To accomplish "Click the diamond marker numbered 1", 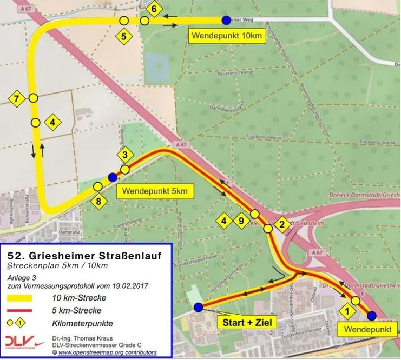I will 346,311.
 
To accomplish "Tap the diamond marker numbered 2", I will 281,224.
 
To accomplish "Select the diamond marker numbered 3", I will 125,156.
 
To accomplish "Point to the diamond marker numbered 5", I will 124,37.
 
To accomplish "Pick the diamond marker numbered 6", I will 154,9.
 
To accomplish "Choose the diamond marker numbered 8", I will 98,202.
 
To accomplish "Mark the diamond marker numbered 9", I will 242,221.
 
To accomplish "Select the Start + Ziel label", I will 247,323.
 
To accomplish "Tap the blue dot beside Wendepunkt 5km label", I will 113,177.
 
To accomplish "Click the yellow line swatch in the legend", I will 20,298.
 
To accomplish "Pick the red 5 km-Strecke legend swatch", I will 20,310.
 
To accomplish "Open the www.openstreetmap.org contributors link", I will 103,352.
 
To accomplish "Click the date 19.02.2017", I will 128,285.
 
